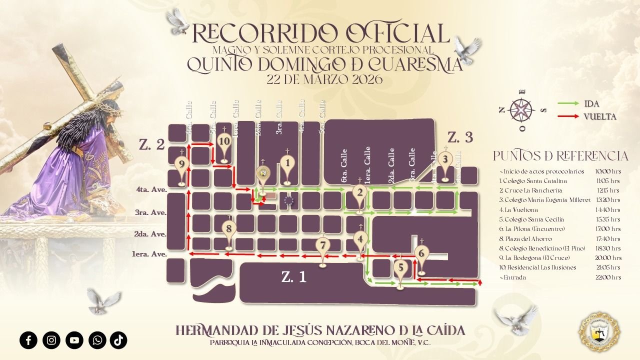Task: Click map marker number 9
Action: (181, 163)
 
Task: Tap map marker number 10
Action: (224, 142)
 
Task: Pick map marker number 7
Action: (323, 245)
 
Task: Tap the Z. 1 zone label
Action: (293, 278)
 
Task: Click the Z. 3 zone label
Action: (460, 137)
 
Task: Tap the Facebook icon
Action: (28, 340)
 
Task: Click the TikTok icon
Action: (118, 340)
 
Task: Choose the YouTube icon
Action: (74, 340)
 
